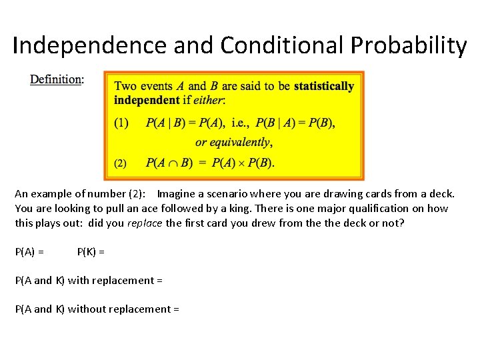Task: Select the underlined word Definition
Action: [57, 79]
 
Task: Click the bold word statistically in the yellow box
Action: [324, 86]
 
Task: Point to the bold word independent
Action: [147, 100]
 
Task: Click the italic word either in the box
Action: [211, 100]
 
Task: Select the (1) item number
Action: [121, 123]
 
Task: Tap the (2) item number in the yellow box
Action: [121, 163]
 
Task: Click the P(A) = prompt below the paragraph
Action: [30, 251]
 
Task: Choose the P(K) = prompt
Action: [91, 251]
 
